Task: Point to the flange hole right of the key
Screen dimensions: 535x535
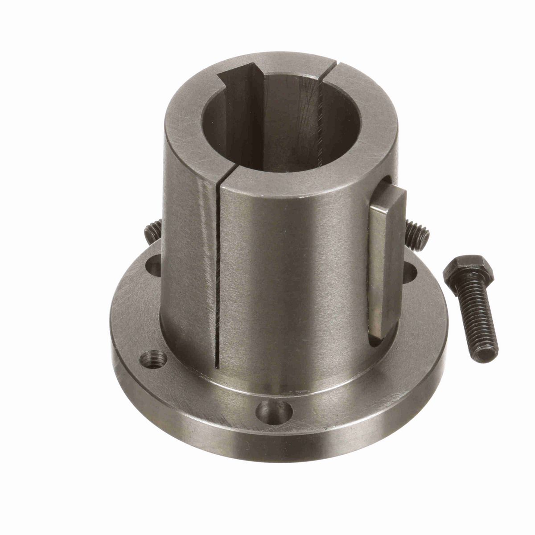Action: coord(410,270)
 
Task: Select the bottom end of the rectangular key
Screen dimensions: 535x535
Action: coord(383,332)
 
